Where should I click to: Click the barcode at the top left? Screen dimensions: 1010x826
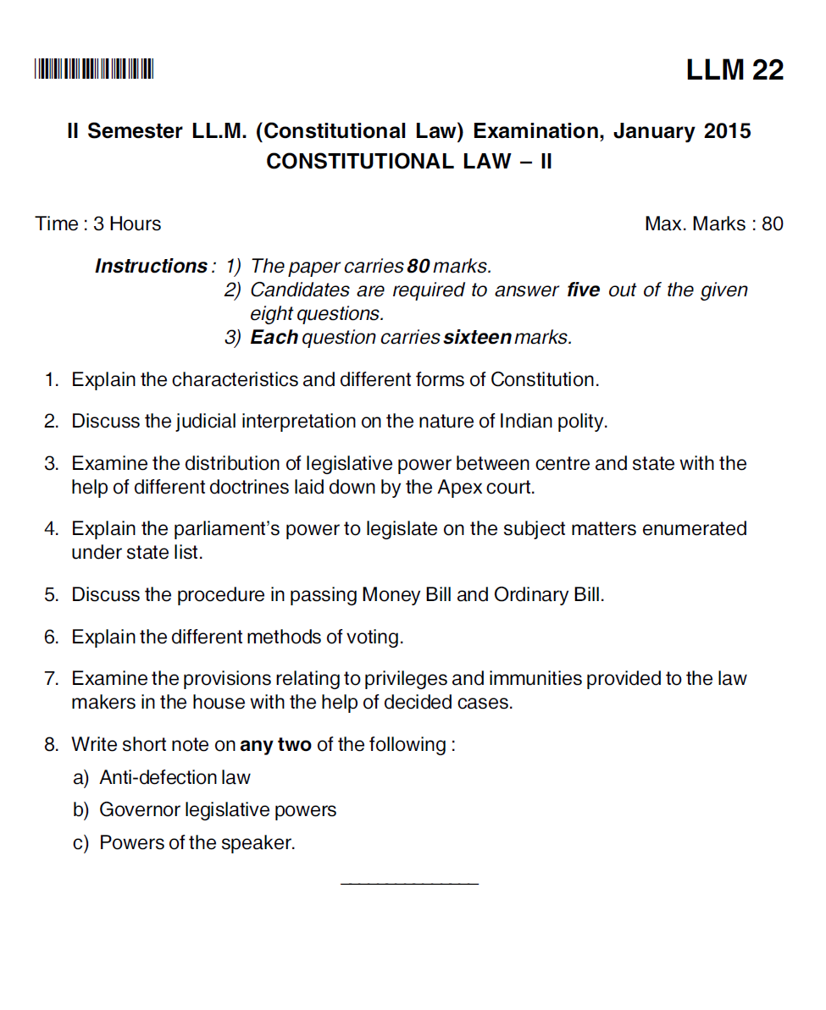(x=94, y=69)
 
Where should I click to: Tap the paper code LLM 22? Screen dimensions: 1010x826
(x=735, y=69)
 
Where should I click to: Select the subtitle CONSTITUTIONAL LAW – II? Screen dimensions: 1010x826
(x=408, y=162)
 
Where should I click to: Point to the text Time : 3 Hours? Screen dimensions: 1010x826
(x=98, y=224)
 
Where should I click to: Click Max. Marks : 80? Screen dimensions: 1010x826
(x=713, y=224)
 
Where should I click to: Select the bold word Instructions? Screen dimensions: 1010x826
(x=150, y=267)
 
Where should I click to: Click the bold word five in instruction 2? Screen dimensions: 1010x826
(x=583, y=290)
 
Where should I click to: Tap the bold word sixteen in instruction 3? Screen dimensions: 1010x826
(x=477, y=338)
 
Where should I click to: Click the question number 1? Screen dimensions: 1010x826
(x=51, y=380)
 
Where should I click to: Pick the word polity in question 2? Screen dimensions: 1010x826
(x=581, y=422)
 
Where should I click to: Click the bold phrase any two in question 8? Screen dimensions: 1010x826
(x=275, y=745)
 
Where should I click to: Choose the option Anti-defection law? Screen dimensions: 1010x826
(x=175, y=777)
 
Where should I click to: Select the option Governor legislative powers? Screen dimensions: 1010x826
(x=218, y=810)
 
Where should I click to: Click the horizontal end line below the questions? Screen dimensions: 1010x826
(x=408, y=884)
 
